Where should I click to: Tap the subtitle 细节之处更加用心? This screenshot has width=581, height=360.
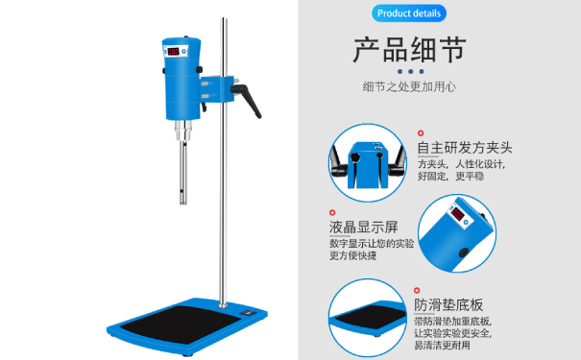409,87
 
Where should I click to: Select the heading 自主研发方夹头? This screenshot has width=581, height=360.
465,148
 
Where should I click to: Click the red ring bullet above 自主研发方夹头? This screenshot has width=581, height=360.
420,133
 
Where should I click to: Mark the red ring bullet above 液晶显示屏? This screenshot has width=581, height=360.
332,212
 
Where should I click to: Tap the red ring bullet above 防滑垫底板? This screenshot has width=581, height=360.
418,289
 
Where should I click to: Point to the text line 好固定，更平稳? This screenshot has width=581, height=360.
450,176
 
